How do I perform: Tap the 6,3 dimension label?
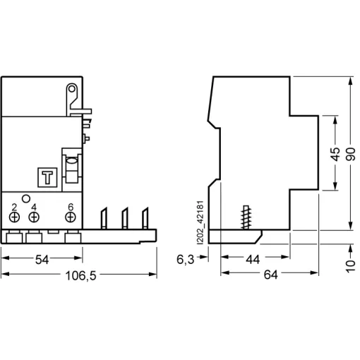point(186,260)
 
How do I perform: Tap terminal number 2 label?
point(15,207)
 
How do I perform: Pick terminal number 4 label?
point(33,207)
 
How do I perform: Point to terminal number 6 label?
point(70,207)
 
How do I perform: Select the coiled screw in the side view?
point(247,215)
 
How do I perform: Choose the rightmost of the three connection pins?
point(146,220)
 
